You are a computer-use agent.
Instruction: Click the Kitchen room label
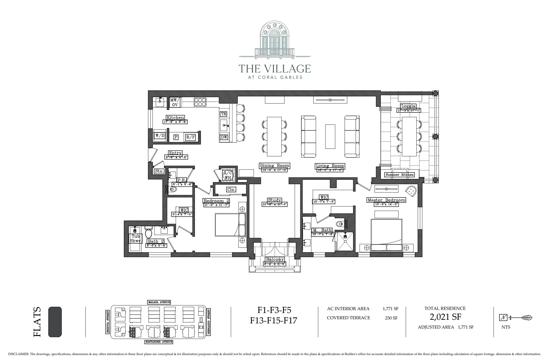[x=175, y=118]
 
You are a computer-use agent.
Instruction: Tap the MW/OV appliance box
[x=175, y=102]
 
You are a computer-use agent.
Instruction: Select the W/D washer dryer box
[x=160, y=136]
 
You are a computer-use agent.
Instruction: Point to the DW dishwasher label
[x=224, y=137]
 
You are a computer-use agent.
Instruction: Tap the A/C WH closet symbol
[x=228, y=175]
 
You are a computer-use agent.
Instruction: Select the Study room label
[x=275, y=200]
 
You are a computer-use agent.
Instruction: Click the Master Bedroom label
[x=386, y=200]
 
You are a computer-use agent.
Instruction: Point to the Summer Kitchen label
[x=399, y=175]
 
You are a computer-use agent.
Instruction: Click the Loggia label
[x=408, y=106]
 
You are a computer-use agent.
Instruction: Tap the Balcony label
[x=275, y=259]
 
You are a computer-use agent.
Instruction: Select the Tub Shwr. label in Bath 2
[x=135, y=238]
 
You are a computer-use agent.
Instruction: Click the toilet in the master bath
[x=340, y=224]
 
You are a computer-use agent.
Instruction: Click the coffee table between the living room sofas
[x=330, y=136]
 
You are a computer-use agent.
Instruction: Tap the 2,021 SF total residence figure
[x=445, y=317]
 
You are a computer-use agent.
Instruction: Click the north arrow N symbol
[x=503, y=317]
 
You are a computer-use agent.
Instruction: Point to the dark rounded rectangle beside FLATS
[x=55, y=322]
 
